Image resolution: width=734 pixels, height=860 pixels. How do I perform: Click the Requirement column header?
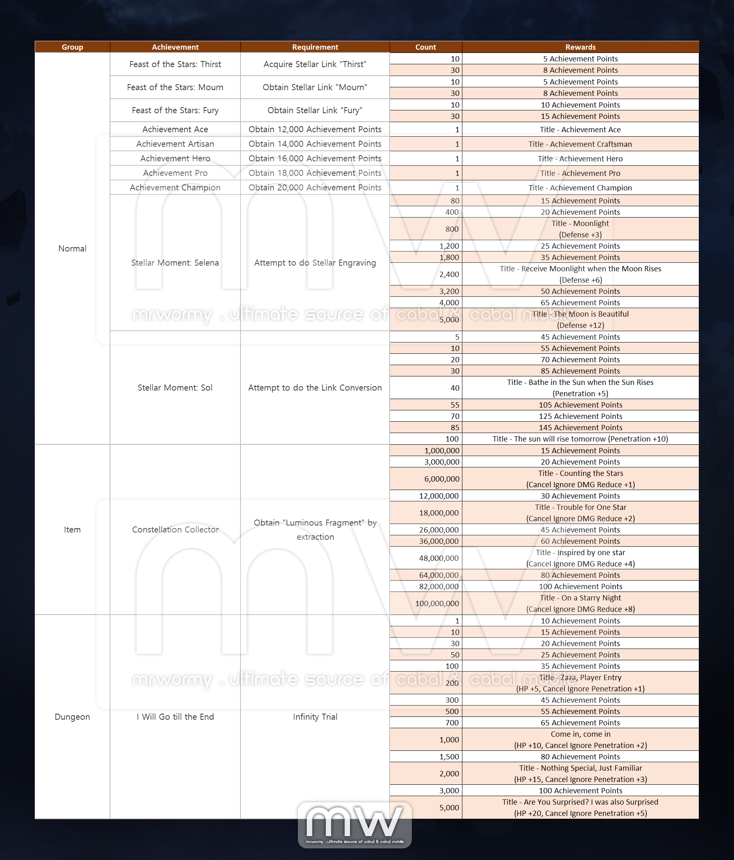315,47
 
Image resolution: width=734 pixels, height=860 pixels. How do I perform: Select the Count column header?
426,47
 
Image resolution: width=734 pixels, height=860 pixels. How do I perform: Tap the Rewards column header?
580,47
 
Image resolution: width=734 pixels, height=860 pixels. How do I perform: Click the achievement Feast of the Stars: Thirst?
175,64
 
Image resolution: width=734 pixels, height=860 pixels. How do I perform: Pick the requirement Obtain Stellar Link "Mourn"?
315,87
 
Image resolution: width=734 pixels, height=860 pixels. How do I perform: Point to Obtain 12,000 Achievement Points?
315,129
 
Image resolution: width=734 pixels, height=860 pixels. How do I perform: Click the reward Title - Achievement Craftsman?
580,144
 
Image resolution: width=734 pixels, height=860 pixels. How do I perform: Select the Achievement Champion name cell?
175,188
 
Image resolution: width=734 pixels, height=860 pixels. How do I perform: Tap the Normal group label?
72,249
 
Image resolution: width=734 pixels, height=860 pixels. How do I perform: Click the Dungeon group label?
72,717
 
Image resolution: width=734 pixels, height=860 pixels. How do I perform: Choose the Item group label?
72,530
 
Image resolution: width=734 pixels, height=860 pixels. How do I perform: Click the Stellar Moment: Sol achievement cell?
175,388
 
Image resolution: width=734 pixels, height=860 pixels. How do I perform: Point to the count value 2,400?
449,275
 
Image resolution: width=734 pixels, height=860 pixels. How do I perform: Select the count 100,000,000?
437,604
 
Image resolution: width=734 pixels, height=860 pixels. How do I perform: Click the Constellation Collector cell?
175,530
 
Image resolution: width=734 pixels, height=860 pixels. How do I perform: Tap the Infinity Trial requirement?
315,717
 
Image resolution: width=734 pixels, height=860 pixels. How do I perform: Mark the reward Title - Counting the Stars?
580,473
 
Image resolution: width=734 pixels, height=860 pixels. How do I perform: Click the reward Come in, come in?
580,734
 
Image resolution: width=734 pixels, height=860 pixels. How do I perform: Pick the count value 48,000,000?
439,558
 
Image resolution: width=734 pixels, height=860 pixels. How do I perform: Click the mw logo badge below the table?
355,824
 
